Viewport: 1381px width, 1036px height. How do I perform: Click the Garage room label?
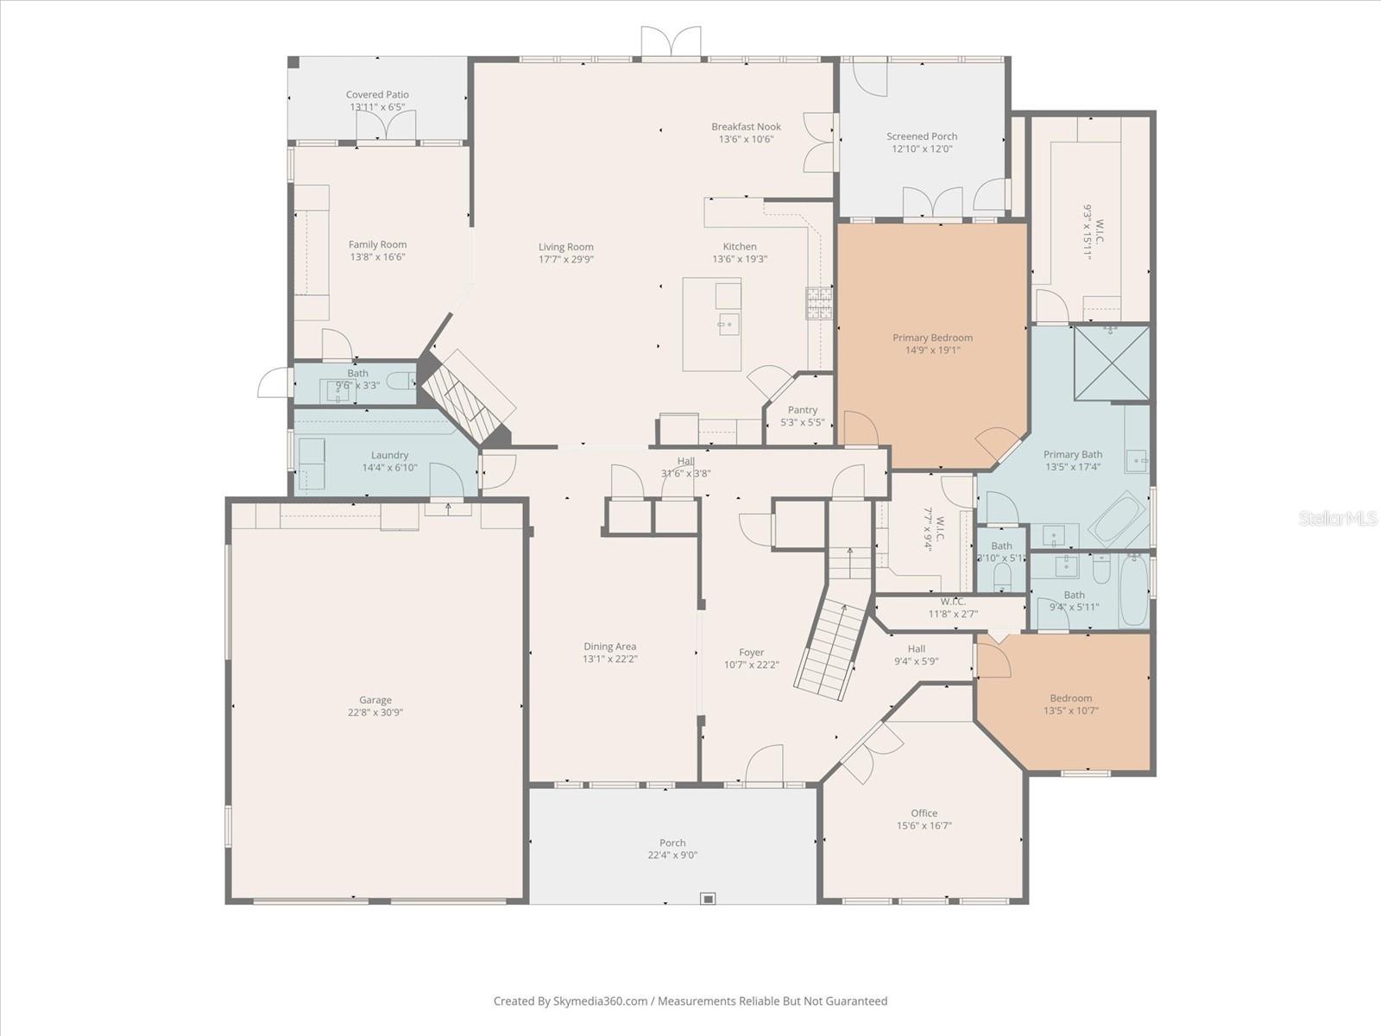click(x=375, y=700)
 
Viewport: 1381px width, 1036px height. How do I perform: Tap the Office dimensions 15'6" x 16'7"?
click(x=924, y=825)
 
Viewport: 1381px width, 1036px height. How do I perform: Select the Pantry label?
click(x=803, y=410)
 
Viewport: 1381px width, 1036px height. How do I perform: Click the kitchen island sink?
click(x=727, y=325)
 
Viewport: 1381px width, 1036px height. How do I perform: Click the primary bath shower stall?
click(x=1112, y=363)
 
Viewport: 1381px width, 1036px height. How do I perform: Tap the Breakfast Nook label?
click(x=746, y=126)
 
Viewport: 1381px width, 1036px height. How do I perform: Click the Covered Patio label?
click(x=377, y=95)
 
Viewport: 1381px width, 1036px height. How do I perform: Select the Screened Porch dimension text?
click(x=922, y=148)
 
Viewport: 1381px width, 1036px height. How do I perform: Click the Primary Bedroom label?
click(x=932, y=338)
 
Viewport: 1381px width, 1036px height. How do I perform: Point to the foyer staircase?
click(x=829, y=647)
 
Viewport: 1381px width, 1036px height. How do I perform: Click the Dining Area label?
click(x=609, y=646)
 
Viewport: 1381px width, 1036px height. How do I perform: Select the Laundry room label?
click(x=389, y=455)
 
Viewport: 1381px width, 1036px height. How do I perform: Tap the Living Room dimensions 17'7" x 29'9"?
click(x=566, y=259)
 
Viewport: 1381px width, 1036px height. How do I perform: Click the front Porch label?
click(x=672, y=843)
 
